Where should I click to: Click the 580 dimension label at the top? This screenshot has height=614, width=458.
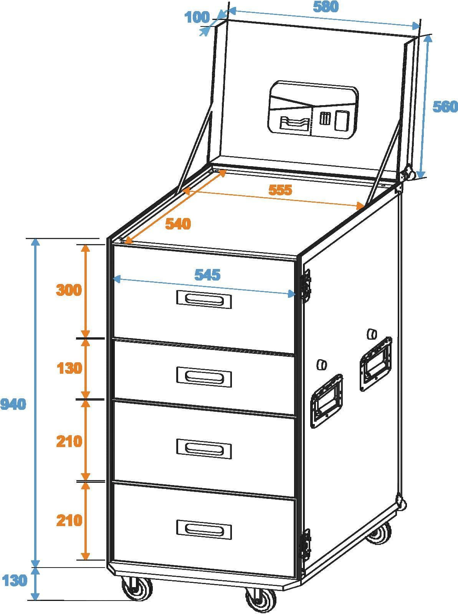(326, 7)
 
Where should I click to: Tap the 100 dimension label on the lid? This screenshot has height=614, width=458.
(197, 17)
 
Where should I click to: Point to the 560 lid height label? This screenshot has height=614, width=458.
(445, 106)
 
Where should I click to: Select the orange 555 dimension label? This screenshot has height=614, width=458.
(280, 190)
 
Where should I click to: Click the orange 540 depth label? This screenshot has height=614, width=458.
(178, 224)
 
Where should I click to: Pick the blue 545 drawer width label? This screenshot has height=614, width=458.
(207, 275)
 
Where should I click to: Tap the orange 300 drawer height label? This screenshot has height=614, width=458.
(69, 290)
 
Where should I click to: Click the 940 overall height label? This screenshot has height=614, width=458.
(13, 404)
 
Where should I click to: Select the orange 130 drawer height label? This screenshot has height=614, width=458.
(69, 368)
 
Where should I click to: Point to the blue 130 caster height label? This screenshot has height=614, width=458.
(15, 581)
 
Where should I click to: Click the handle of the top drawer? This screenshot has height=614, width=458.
(204, 299)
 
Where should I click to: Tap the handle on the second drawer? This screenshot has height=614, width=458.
(204, 377)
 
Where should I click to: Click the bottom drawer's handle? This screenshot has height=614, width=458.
(204, 530)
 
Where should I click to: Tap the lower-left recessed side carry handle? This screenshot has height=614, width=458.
(326, 401)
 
